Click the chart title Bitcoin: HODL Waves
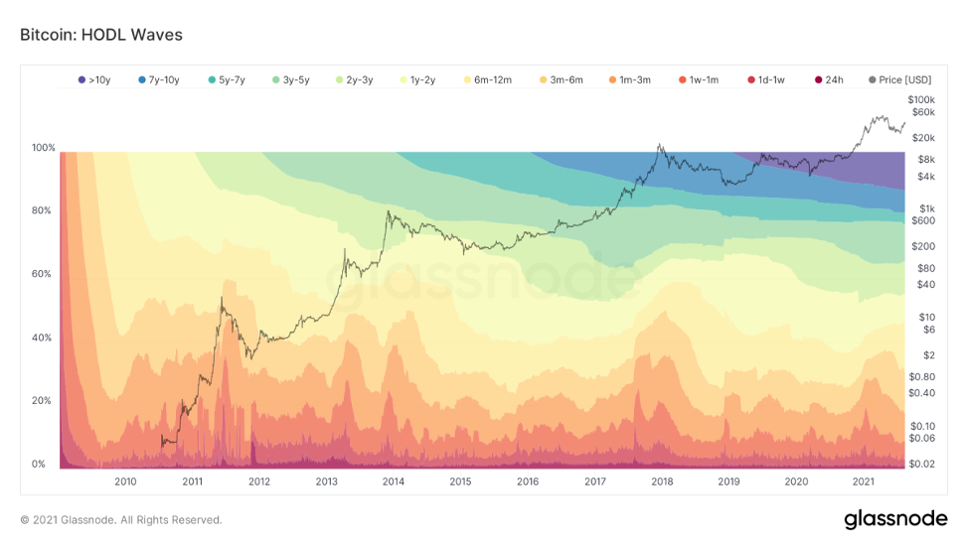pyautogui.click(x=101, y=35)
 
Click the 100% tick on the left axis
pyautogui.click(x=43, y=148)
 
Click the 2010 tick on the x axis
pyautogui.click(x=125, y=481)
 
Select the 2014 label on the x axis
pyautogui.click(x=394, y=481)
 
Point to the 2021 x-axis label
pyautogui.click(x=863, y=481)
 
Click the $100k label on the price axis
pyautogui.click(x=922, y=100)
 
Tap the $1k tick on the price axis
pyautogui.click(x=926, y=208)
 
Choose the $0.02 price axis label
pyautogui.click(x=922, y=464)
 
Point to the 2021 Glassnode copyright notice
pyautogui.click(x=121, y=519)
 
